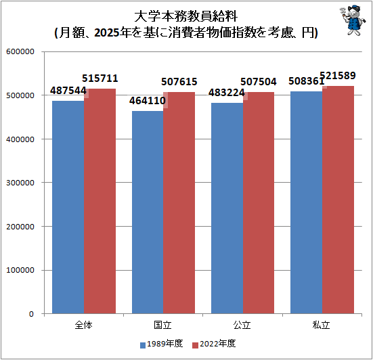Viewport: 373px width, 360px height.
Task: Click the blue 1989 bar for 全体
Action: (68, 207)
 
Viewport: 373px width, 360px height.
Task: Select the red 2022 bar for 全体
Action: (100, 201)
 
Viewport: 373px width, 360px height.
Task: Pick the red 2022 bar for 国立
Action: (179, 203)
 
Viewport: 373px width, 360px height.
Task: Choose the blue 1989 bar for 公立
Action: (227, 208)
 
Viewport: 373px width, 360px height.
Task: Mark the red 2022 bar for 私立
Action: (338, 200)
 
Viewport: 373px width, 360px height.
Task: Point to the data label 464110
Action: (147, 102)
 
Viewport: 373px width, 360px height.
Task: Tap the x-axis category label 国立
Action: (162, 325)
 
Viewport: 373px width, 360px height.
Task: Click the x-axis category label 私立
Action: (322, 325)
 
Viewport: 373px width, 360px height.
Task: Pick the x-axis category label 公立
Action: (242, 325)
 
